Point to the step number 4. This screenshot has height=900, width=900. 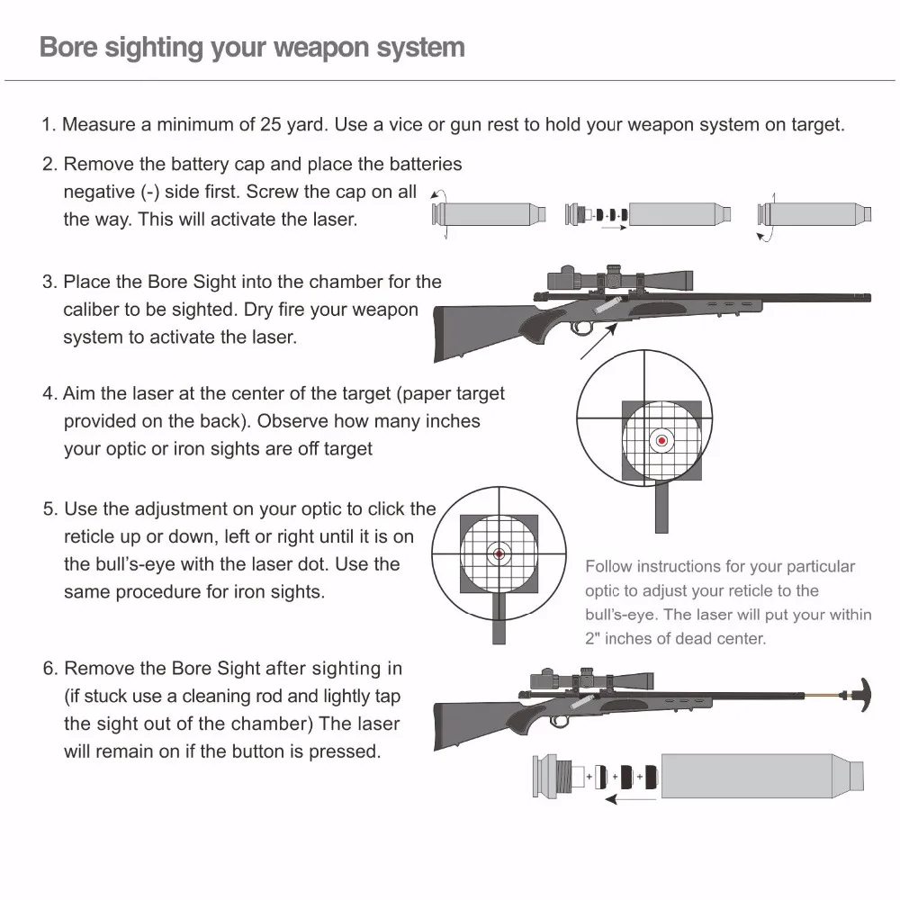click(x=49, y=394)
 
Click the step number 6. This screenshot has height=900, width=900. click(x=49, y=669)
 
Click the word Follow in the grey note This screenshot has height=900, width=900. click(x=609, y=567)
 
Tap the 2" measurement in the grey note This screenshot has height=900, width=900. click(x=592, y=639)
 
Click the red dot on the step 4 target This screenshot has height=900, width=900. click(x=662, y=440)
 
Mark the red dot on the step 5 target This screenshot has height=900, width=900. click(x=498, y=553)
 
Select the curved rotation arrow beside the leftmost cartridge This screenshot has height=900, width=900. click(x=441, y=214)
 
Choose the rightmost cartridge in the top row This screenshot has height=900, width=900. click(x=805, y=215)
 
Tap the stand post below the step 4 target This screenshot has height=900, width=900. click(x=661, y=508)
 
